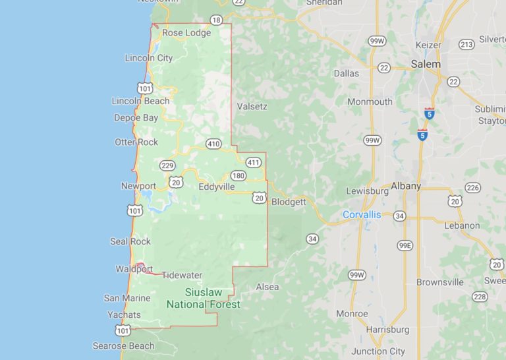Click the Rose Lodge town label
tap(186, 32)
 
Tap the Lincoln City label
tap(149, 58)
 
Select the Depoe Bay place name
tap(136, 118)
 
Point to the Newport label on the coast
tap(138, 186)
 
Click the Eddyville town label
tap(216, 187)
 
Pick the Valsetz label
tap(251, 105)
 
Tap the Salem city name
tap(425, 65)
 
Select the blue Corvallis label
tap(362, 214)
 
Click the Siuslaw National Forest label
tap(203, 298)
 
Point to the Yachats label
tap(124, 315)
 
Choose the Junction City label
tap(378, 351)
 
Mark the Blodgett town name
tap(289, 202)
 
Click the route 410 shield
tap(213, 144)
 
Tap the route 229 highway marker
tap(167, 165)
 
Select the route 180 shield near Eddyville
tap(238, 175)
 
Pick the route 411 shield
tap(254, 162)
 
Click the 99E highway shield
tap(405, 245)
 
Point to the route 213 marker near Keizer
tap(466, 45)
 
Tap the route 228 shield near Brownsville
tap(480, 297)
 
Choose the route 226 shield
tap(472, 187)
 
